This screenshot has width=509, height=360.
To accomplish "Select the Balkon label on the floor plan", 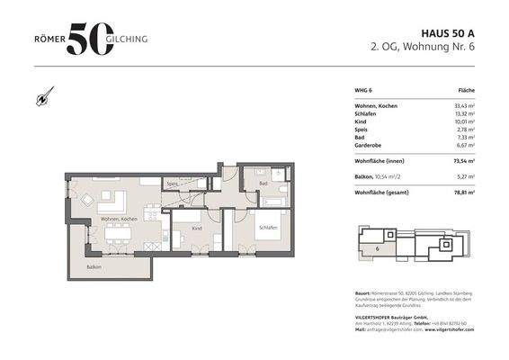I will click(x=94, y=267).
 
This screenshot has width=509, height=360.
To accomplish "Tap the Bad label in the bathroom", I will click(x=263, y=183).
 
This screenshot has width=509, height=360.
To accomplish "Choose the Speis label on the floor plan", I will click(x=172, y=184).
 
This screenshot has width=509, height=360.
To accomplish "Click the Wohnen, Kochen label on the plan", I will click(x=118, y=220).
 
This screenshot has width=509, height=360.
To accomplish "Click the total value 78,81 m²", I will click(x=464, y=192).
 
